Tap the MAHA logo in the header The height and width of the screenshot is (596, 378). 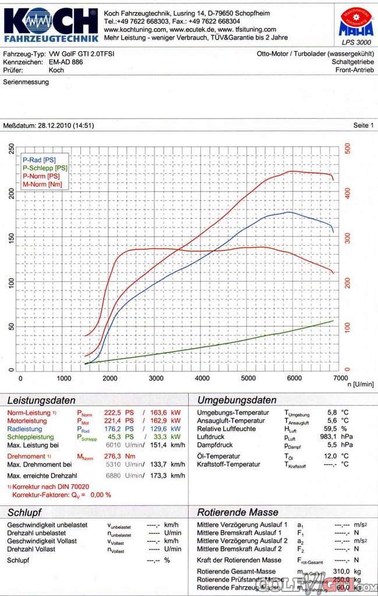[x=354, y=23]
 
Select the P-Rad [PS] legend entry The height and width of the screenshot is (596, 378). [x=40, y=159]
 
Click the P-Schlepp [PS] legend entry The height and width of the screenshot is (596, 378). [x=45, y=168]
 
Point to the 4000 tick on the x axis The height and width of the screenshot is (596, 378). [x=202, y=378]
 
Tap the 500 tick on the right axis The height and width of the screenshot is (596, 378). [x=348, y=149]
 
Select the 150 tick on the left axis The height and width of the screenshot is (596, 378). [x=12, y=237]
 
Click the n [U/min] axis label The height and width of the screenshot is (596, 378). [x=360, y=385]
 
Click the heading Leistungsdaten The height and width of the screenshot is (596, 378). [x=41, y=400]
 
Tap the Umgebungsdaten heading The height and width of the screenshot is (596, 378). [x=236, y=400]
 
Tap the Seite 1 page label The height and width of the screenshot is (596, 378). [x=363, y=125]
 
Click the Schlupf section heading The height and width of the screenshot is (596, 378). [x=24, y=513]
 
